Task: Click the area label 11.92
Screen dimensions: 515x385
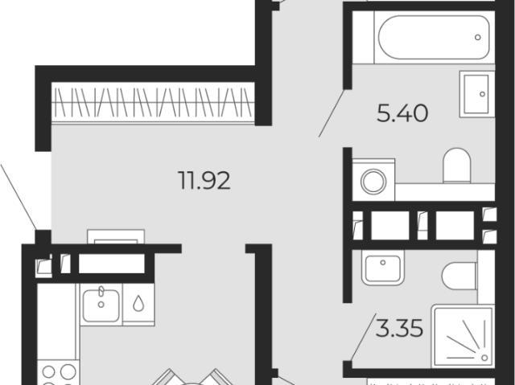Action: [204, 180]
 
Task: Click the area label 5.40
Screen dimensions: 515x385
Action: [402, 113]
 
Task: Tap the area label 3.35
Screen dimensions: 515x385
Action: [399, 328]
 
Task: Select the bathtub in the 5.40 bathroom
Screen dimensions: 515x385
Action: [435, 38]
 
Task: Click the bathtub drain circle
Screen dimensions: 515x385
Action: [477, 38]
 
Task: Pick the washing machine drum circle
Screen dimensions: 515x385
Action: [373, 181]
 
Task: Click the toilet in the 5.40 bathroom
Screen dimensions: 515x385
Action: [457, 166]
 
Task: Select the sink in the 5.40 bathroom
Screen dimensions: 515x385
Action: [475, 94]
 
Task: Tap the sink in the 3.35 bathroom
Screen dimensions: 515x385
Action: [383, 268]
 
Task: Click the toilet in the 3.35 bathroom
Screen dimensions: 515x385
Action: [459, 276]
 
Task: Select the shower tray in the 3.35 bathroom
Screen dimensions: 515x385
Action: [463, 336]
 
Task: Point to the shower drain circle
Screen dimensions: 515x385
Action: [484, 358]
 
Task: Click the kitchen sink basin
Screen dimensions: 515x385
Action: [101, 305]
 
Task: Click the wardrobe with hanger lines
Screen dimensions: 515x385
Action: [153, 102]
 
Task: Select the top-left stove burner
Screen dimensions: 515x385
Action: [48, 372]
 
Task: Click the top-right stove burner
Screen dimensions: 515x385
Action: [68, 372]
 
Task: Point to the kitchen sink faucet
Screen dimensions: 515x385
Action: [101, 290]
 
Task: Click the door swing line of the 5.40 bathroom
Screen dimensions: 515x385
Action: [332, 113]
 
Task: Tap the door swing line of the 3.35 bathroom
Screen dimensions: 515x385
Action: [363, 337]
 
